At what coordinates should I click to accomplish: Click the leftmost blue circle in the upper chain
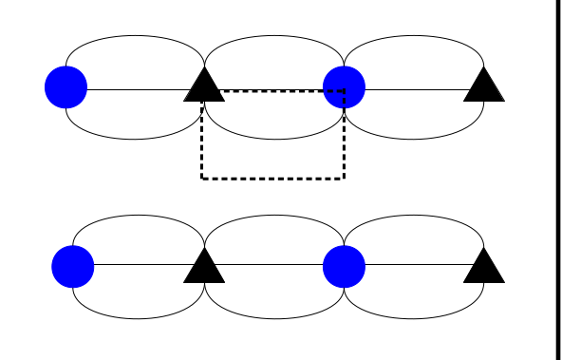tap(66, 87)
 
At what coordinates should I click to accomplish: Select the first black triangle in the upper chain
tap(204, 86)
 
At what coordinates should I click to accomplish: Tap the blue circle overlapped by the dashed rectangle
tap(344, 87)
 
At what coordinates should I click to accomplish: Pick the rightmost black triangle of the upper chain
tap(484, 86)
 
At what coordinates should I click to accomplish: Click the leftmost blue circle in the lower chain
tap(73, 266)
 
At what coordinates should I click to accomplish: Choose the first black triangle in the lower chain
tap(204, 267)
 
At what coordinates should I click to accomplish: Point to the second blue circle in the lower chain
tap(344, 266)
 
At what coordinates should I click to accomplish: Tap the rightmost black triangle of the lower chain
tap(484, 267)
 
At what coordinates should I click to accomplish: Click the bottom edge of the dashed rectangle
tap(272, 178)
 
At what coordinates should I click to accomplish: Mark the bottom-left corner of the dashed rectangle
tap(202, 178)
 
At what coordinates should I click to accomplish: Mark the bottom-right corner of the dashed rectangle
tap(344, 178)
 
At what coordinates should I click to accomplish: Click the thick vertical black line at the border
tap(556, 180)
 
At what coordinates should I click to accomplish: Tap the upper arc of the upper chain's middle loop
tap(274, 36)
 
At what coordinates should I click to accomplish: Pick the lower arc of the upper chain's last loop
tap(414, 140)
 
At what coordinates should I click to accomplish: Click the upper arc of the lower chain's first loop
tap(139, 215)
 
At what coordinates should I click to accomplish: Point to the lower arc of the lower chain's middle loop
tap(274, 318)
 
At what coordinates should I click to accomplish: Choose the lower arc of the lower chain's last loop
tap(414, 318)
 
